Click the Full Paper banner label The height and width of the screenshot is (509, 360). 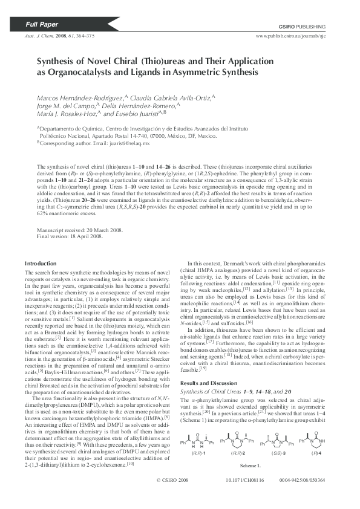[x=42, y=25]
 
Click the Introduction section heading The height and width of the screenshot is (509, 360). [x=41, y=264]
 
